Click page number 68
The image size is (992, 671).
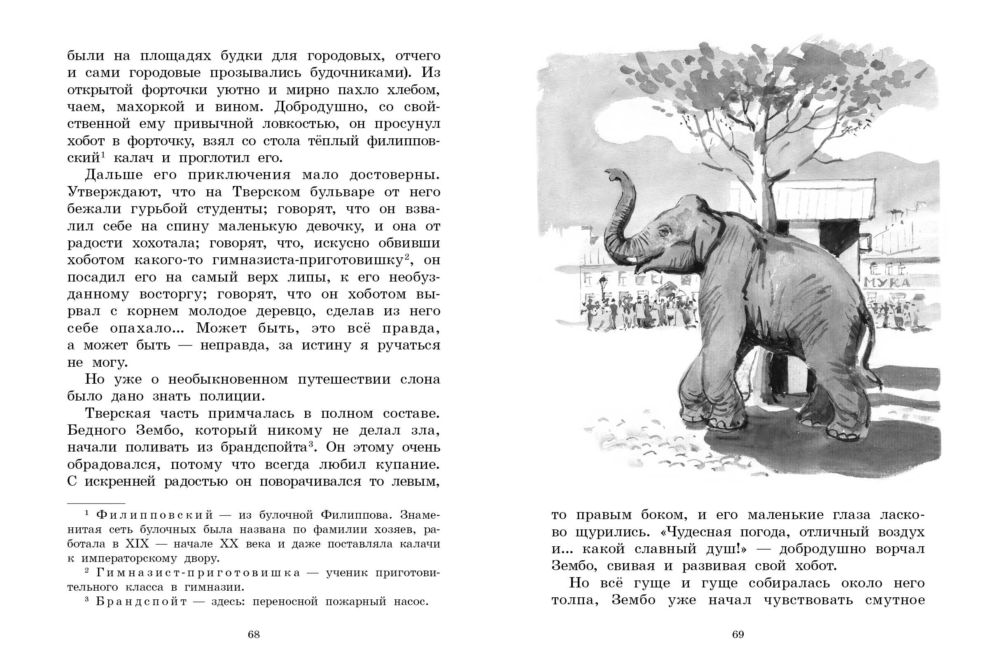(254, 634)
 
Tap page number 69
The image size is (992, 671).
(738, 634)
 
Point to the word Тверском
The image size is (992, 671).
(266, 192)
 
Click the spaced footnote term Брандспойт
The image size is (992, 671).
(141, 601)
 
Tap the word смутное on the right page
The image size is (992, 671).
(895, 600)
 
